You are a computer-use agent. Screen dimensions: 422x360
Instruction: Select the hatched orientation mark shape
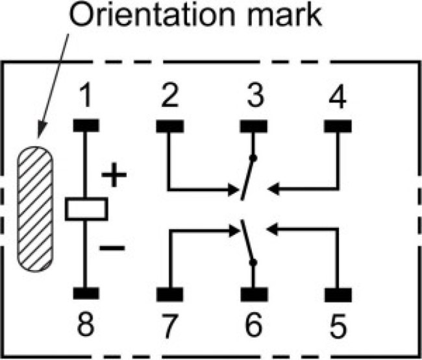click(x=35, y=209)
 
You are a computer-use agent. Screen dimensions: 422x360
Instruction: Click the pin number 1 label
click(x=86, y=95)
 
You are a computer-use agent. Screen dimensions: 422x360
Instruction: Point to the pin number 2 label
click(x=170, y=95)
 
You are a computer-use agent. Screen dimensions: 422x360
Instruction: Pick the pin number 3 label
click(x=255, y=95)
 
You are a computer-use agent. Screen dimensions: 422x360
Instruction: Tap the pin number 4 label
click(x=338, y=96)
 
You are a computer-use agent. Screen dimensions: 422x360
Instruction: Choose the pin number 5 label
click(x=338, y=326)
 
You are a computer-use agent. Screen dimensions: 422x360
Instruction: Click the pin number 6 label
click(x=254, y=324)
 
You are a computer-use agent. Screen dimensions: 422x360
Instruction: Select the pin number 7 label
click(x=170, y=326)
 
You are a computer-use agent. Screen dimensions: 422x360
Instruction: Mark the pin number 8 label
click(x=86, y=324)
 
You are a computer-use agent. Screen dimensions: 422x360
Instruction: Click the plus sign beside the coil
click(x=114, y=174)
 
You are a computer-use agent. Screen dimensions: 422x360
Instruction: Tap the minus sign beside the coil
click(x=112, y=248)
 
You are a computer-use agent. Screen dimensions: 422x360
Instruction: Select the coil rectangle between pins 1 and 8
click(x=86, y=209)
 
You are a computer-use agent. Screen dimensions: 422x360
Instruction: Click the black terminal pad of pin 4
click(x=338, y=126)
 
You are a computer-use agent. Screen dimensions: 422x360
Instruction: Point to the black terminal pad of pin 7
click(x=170, y=294)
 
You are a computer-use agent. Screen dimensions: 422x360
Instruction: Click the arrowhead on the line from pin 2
click(x=233, y=189)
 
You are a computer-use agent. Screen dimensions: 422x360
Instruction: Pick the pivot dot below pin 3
click(x=253, y=158)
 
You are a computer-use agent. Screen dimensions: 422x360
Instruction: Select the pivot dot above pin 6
click(x=253, y=263)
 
